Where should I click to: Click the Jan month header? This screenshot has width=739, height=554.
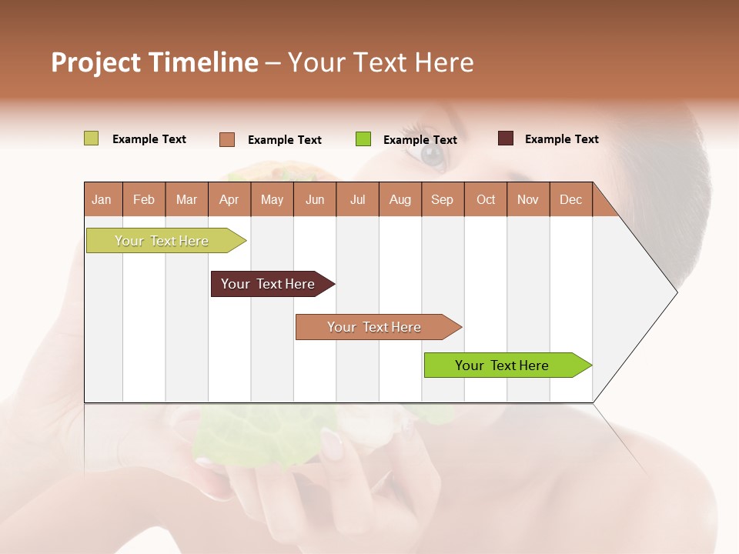click(x=102, y=199)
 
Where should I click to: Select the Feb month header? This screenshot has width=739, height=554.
click(x=144, y=199)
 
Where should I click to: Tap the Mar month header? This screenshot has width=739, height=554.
click(x=186, y=199)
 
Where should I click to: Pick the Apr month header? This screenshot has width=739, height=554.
click(x=229, y=199)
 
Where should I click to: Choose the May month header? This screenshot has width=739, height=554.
click(x=272, y=199)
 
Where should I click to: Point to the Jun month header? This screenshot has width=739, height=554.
click(x=315, y=199)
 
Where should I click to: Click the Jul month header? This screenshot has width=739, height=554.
click(x=357, y=199)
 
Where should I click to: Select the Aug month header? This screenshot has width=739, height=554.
click(x=400, y=199)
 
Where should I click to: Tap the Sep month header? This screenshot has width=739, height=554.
click(x=443, y=199)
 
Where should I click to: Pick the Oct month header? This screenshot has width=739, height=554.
click(x=486, y=199)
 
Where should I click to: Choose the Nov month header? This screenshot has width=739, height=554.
click(x=528, y=199)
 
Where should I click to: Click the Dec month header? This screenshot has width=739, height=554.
click(x=570, y=199)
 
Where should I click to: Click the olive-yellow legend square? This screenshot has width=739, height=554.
click(x=92, y=138)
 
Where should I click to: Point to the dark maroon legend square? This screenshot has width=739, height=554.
click(x=506, y=138)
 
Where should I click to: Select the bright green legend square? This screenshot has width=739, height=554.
click(x=363, y=139)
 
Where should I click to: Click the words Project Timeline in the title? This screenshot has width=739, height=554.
click(x=155, y=62)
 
